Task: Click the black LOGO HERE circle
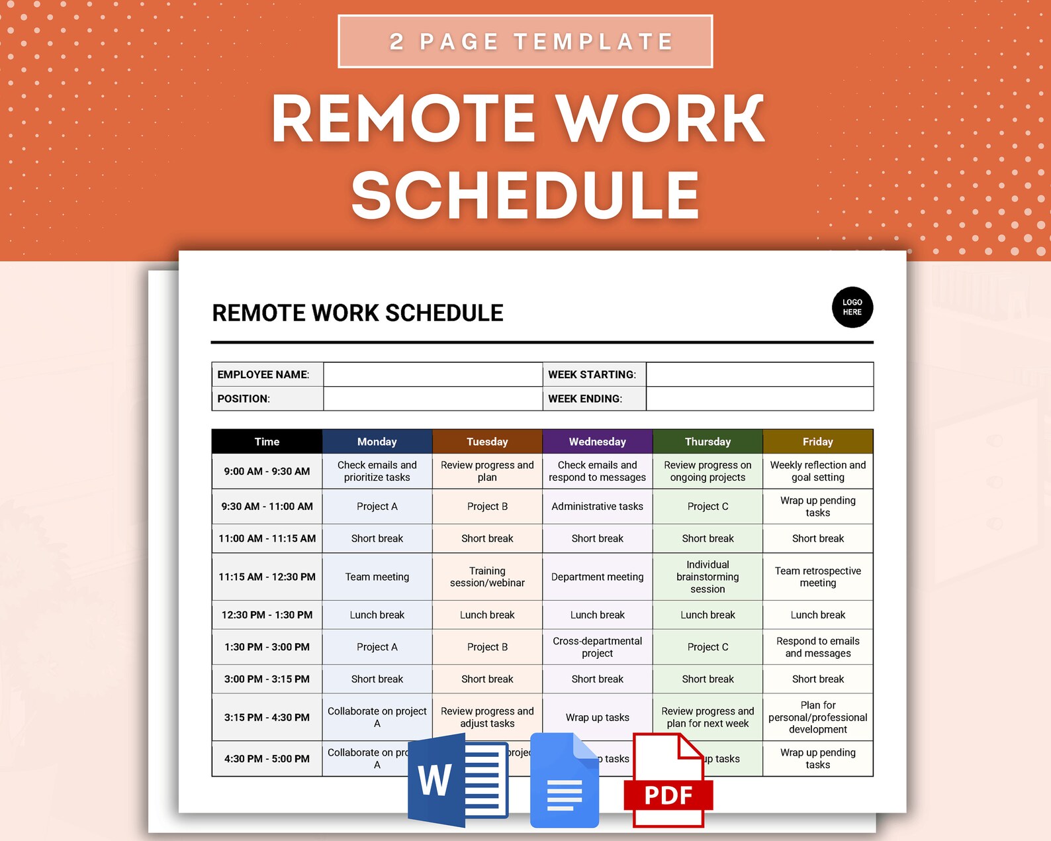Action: (x=852, y=307)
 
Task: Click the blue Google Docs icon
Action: (x=564, y=782)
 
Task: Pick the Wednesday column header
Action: (x=597, y=442)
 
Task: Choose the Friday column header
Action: (x=817, y=442)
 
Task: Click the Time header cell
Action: (x=267, y=442)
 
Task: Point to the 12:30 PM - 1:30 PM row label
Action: (x=267, y=615)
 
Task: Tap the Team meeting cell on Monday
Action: (x=377, y=577)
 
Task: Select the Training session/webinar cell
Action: (x=487, y=577)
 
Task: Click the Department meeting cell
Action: (x=597, y=577)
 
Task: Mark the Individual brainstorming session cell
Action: (x=708, y=577)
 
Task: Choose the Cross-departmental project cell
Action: (x=597, y=647)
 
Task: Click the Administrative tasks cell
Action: (x=597, y=507)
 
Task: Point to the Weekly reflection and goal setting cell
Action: (x=817, y=471)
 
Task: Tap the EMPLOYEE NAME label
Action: (x=263, y=375)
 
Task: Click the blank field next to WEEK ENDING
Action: (x=759, y=399)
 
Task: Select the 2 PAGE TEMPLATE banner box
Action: (x=525, y=42)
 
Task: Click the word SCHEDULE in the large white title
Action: (x=525, y=195)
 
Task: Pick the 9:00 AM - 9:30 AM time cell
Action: (x=267, y=471)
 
